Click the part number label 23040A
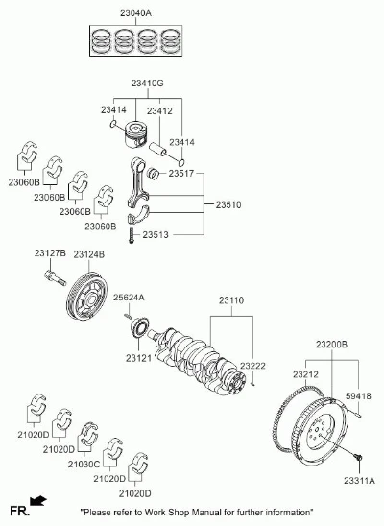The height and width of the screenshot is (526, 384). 135,13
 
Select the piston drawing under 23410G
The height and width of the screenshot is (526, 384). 136,134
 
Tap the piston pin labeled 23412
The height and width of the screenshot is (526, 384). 157,149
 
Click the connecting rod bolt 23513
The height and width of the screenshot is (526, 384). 132,235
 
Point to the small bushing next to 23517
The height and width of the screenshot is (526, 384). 154,173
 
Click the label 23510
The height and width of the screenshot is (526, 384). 228,204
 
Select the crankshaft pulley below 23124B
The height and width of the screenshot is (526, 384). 86,296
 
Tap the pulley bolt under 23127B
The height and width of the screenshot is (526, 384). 55,278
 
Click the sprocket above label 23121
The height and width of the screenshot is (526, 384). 140,327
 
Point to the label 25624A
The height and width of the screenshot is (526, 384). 129,298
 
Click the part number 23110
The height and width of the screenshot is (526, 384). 231,300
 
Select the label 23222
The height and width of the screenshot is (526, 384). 252,366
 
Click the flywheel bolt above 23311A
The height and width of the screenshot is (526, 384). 358,458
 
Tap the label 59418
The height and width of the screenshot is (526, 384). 358,396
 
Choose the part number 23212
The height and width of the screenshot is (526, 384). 305,374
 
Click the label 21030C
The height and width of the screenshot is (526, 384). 84,465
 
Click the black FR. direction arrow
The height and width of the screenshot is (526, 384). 38,500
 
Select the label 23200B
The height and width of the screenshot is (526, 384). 332,345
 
